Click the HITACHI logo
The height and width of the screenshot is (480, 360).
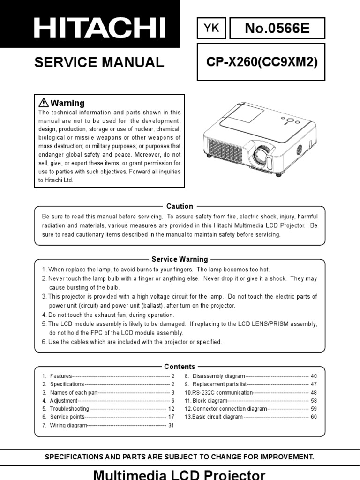click(100, 29)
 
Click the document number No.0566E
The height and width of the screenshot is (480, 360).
click(277, 30)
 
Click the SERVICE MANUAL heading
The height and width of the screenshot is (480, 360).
click(99, 62)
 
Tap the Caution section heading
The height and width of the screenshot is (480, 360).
click(180, 206)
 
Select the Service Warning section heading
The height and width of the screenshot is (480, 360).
click(180, 259)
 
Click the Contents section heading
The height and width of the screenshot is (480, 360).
click(180, 367)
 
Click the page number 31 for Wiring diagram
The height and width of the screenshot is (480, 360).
click(171, 425)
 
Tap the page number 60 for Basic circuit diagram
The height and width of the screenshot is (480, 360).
click(314, 417)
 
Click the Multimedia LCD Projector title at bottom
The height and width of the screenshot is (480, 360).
click(180, 474)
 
